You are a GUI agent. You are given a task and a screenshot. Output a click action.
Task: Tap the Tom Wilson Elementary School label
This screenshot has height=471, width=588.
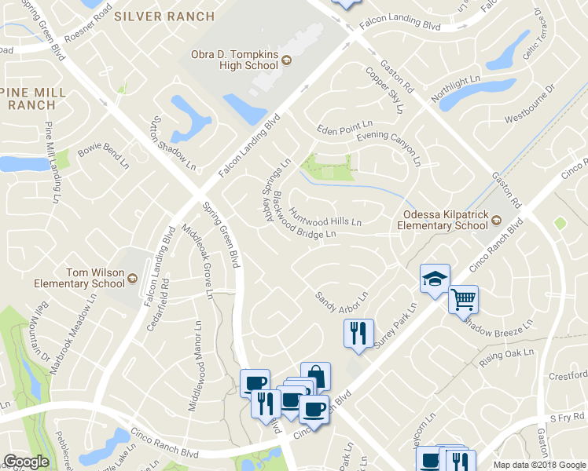pos(79,278)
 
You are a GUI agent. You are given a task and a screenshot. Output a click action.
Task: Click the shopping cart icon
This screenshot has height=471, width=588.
pos(463,299)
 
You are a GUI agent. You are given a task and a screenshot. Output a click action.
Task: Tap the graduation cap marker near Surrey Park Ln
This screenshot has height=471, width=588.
pos(434,279)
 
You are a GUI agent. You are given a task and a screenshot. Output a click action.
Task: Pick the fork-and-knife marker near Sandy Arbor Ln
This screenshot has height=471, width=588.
pos(358,332)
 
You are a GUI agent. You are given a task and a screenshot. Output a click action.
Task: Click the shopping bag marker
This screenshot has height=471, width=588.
pos(316,375)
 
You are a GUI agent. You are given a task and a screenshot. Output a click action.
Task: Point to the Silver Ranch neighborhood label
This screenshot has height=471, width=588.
pos(164,16)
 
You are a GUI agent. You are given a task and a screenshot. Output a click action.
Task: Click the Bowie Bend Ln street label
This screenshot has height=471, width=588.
pos(102,155)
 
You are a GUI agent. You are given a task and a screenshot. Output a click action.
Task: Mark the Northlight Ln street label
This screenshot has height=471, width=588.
pos(455,90)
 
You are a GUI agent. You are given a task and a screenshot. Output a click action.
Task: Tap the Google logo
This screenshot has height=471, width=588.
pos(26,462)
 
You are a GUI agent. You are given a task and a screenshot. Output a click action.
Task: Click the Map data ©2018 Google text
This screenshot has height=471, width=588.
pos(538,465)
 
